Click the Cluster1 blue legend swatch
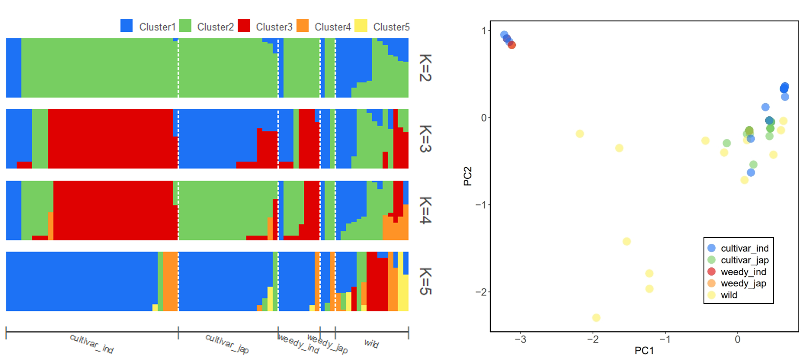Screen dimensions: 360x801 coord(126,26)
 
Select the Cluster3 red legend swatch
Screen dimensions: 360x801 coord(244,26)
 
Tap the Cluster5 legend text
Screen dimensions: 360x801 coord(391,27)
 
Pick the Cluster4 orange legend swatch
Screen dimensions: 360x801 coord(303,26)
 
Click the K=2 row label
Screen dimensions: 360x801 coord(425,67)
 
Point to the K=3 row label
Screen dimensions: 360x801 coord(425,138)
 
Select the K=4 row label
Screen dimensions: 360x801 coord(425,210)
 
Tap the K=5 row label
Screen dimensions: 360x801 coord(425,281)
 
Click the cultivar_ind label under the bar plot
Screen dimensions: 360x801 coord(92,343)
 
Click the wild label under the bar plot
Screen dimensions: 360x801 coord(371,343)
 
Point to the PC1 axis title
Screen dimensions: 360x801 coord(644,351)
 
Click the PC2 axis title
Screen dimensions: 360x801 coord(468,176)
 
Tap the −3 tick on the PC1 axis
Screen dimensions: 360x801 coord(520,340)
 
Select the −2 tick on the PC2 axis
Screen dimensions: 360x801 coord(481,292)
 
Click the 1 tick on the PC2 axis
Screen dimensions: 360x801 coord(484,31)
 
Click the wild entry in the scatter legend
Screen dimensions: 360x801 coord(729,295)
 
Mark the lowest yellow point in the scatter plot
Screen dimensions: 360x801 coord(596,318)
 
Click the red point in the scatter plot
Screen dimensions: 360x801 coord(512,45)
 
